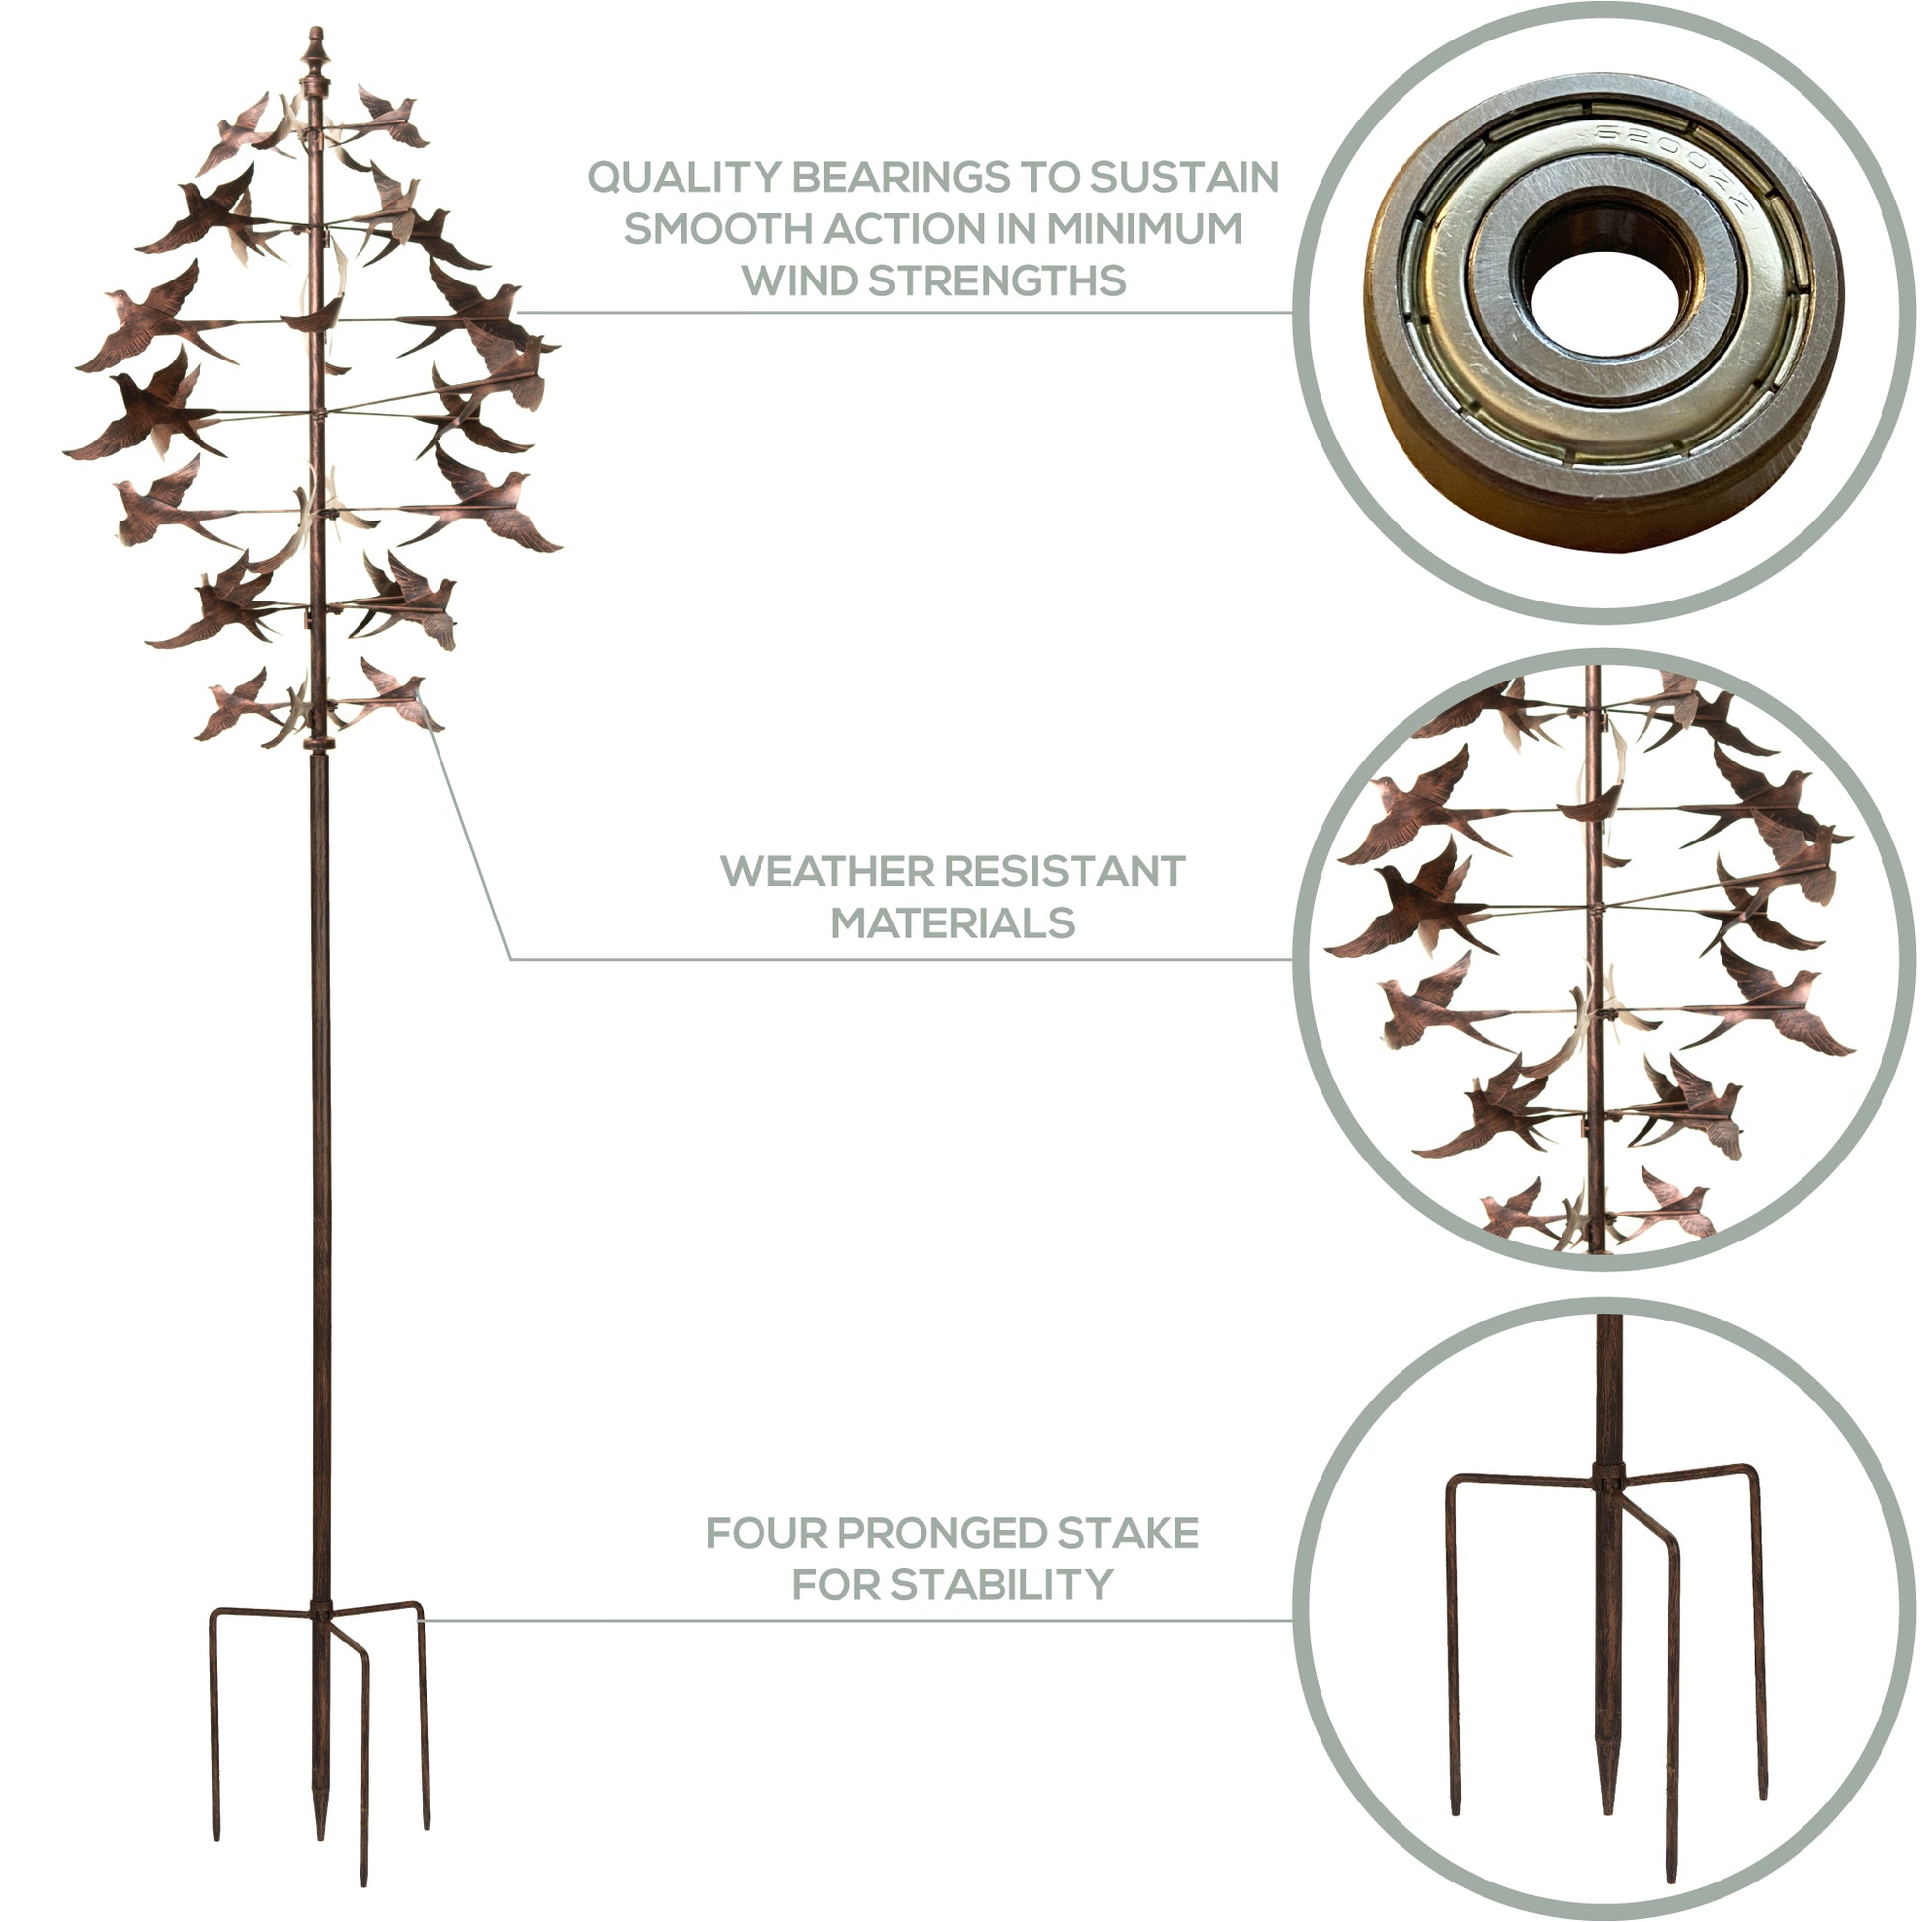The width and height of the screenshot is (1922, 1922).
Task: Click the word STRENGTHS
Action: [998, 280]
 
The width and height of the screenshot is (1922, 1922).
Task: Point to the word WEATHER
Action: [823, 871]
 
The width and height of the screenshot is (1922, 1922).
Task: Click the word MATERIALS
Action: [953, 923]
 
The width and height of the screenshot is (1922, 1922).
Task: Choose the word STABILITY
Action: [1001, 1585]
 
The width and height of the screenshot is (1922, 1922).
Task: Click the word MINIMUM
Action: [1144, 229]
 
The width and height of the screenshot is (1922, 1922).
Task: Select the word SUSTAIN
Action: [1184, 177]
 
